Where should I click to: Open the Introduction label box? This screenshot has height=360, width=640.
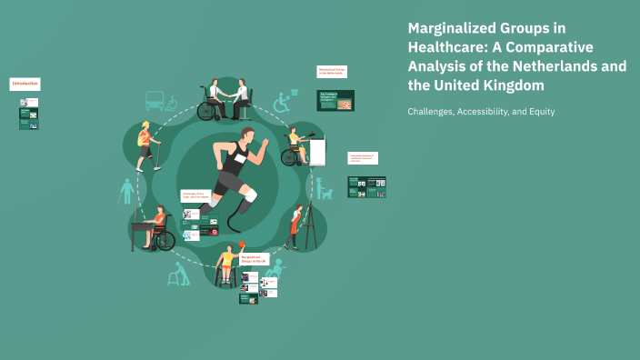pos(25,84)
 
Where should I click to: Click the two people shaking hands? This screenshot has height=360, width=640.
pos(225,100)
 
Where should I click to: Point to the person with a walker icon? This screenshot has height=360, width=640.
pos(179,274)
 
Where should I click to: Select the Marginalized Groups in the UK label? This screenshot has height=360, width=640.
pos(254,260)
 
